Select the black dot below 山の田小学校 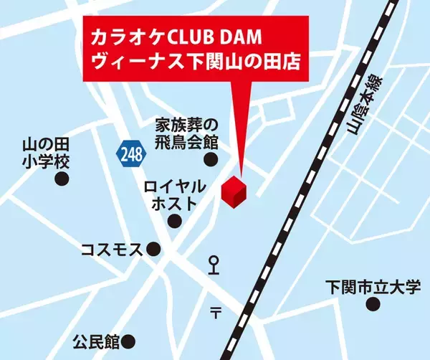click(x=62, y=178)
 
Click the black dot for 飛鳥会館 click(x=210, y=159)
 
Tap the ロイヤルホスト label click(x=175, y=195)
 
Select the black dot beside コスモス click(x=154, y=249)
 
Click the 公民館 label click(x=96, y=340)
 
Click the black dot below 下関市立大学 click(x=373, y=305)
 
